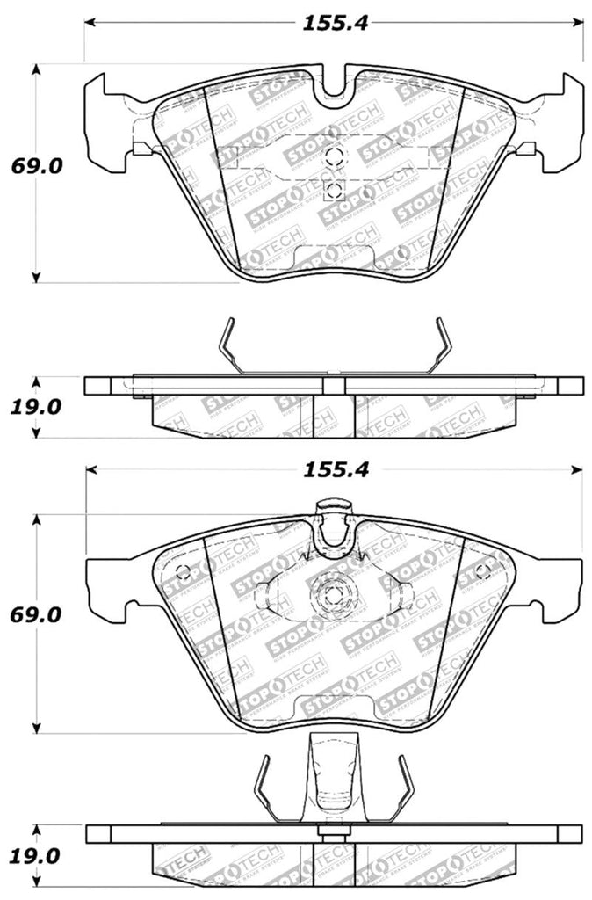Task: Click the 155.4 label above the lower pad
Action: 334,471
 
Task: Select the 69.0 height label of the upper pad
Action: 36,165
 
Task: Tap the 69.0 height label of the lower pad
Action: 36,615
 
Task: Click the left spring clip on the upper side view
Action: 230,347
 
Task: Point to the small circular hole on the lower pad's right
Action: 481,572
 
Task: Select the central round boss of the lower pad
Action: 333,595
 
